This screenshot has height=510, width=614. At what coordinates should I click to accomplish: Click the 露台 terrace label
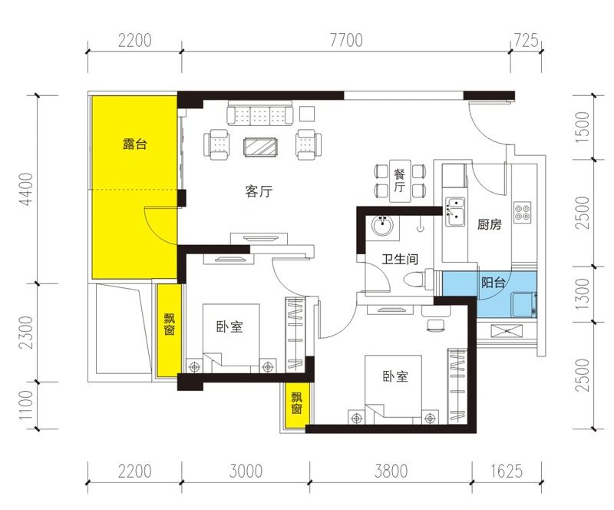tap(134, 144)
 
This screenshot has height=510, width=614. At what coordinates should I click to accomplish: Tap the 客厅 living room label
tap(259, 191)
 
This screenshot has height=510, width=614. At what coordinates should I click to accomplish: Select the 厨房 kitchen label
tap(489, 224)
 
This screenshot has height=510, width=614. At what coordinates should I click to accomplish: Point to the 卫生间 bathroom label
tap(400, 259)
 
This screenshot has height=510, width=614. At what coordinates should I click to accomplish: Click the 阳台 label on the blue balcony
tap(493, 282)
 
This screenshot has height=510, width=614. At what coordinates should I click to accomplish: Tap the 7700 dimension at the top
tap(347, 40)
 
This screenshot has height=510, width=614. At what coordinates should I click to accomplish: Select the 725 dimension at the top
tap(526, 40)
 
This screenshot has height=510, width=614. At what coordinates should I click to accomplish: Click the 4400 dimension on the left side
tap(28, 189)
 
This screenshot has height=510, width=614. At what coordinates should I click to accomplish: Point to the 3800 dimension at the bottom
tap(391, 471)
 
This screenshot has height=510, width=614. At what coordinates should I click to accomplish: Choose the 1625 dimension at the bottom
tap(507, 471)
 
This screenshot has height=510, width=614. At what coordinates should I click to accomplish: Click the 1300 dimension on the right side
tap(583, 293)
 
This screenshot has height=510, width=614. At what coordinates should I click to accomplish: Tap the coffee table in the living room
tap(260, 147)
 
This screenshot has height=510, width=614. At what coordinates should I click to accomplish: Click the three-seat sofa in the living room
tap(260, 113)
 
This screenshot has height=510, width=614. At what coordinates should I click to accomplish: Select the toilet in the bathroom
tap(418, 279)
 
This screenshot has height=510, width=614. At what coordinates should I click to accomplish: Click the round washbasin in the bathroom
tap(382, 226)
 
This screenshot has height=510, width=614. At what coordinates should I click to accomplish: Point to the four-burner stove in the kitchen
tap(523, 212)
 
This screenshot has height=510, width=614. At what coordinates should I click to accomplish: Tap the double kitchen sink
tap(454, 212)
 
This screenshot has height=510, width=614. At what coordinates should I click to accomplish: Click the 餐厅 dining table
tap(400, 180)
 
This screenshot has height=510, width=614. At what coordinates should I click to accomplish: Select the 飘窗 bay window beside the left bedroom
tap(169, 330)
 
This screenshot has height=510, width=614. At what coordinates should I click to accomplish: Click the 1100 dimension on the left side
tap(27, 405)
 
